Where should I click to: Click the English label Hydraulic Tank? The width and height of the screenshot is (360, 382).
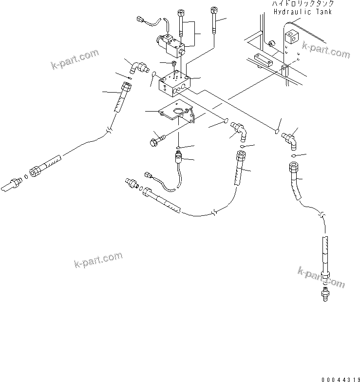(x=302, y=11)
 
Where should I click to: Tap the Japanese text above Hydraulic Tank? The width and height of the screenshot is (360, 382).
(x=303, y=4)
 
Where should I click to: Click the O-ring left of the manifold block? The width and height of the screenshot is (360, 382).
(x=154, y=75)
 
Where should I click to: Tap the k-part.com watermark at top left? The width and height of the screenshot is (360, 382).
(x=75, y=59)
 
